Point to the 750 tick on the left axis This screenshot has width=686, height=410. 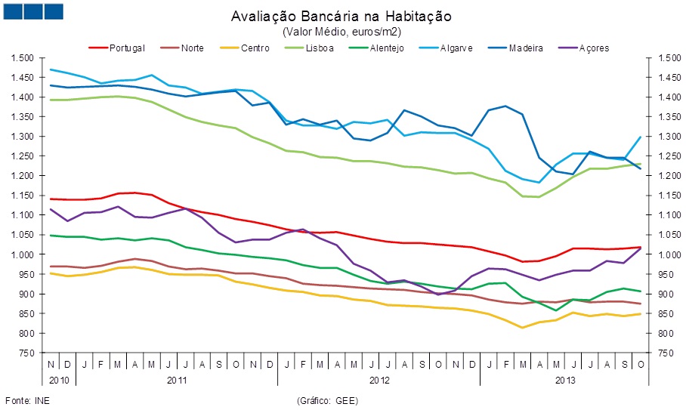pyautogui.click(x=27, y=353)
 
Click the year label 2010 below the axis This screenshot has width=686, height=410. pyautogui.click(x=59, y=379)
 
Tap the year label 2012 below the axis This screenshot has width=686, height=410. pyautogui.click(x=379, y=379)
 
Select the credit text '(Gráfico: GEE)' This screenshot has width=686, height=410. pyautogui.click(x=330, y=399)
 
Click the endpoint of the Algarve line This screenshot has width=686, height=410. pyautogui.click(x=641, y=137)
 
